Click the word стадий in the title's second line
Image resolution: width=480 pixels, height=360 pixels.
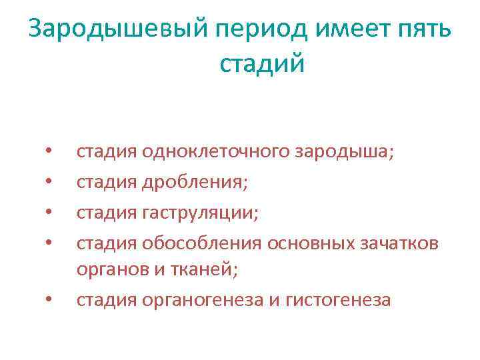coord(261,64)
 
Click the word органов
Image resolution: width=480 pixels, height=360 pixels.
coord(109,271)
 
